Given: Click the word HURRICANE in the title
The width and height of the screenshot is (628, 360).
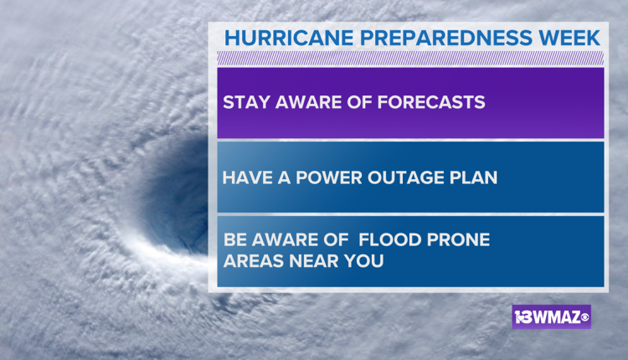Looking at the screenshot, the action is [x=289, y=38].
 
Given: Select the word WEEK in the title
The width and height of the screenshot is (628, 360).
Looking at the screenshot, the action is [x=569, y=38].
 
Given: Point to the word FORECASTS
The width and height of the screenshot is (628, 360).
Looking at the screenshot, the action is [x=431, y=102].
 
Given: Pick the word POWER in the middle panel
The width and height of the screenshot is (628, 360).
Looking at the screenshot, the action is [x=329, y=177].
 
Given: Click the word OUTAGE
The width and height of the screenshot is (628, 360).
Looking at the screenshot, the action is [x=406, y=177].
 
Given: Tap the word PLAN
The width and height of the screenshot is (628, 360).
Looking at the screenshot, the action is [x=473, y=177].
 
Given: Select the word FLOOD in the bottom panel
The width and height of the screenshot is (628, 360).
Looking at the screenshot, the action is [x=389, y=240].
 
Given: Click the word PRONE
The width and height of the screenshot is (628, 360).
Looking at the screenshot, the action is [x=458, y=240].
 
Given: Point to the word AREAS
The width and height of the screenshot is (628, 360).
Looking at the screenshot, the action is [x=254, y=261].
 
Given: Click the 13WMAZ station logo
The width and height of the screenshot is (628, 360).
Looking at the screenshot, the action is [x=552, y=317].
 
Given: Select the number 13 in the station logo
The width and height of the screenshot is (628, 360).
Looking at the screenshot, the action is [x=522, y=317].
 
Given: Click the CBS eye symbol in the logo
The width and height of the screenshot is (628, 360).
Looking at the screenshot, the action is [x=584, y=318].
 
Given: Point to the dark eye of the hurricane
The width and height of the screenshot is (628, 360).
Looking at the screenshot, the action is [x=176, y=193].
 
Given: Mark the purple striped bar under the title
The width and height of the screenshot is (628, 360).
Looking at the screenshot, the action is [x=410, y=59].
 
